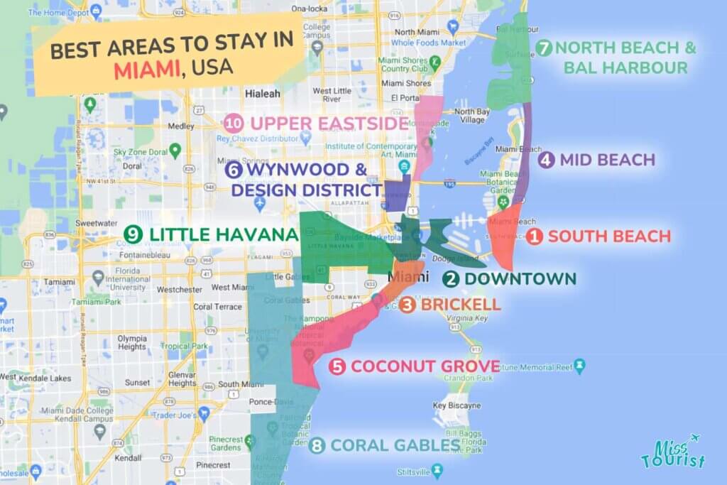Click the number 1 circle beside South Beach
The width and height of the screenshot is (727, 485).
[535, 236]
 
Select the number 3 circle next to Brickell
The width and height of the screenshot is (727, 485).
[407, 305]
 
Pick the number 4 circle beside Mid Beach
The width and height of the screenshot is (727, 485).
[546, 160]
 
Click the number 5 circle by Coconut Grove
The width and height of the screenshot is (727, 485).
[338, 366]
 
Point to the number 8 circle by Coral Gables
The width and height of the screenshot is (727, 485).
[317, 446]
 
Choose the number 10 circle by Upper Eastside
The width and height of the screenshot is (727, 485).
[235, 124]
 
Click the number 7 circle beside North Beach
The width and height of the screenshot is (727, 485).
[545, 48]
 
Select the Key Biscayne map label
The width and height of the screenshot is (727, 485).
[457, 405]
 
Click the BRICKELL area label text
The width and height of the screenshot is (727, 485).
[461, 305]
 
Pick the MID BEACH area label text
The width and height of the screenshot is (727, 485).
[607, 160]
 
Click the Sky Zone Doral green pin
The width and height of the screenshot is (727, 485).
[175, 150]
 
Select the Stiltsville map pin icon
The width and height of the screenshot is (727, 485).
[437, 469]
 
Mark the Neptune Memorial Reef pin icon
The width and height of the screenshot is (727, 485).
[581, 366]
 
